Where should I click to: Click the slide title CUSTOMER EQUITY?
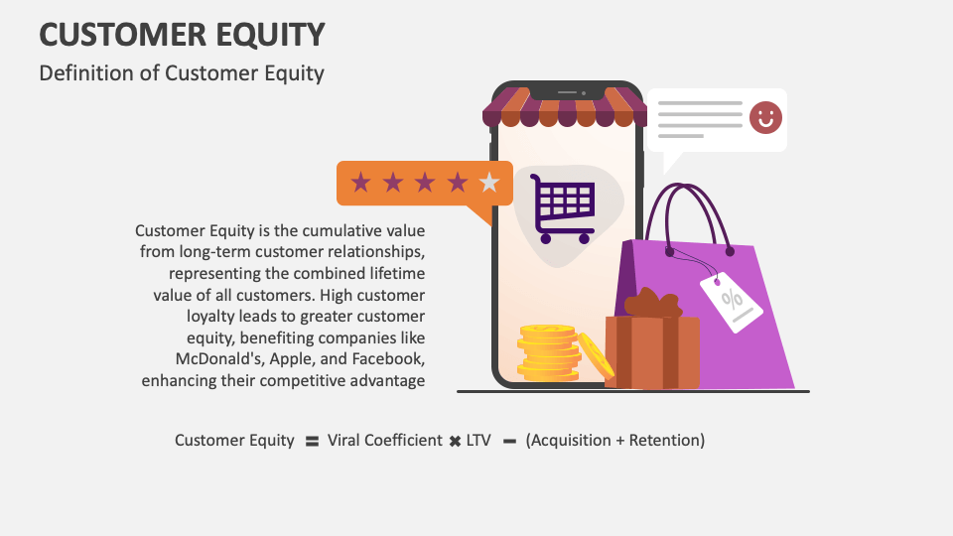pos(182,35)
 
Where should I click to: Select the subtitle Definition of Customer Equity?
pos(182,73)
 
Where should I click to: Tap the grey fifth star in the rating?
pos(488,183)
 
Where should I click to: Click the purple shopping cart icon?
pos(563,208)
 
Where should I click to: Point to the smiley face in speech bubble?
pos(764,118)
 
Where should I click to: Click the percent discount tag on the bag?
pos(732,300)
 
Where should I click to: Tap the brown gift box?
pos(652,347)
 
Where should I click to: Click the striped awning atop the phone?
pos(564,107)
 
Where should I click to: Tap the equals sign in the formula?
pos(311,441)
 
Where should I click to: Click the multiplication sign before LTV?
pos(454,441)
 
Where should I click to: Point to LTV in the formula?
pos(478,440)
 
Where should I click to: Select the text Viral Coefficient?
pos(384,440)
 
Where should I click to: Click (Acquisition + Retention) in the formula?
pos(615,440)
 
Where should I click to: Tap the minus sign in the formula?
pos(509,441)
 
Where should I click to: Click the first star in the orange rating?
pos(361,183)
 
